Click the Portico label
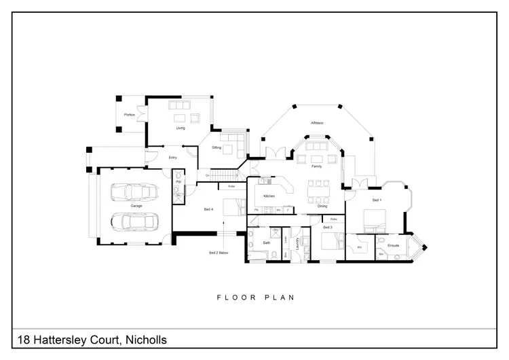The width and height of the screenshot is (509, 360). click(128, 115)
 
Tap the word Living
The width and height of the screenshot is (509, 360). click(181, 128)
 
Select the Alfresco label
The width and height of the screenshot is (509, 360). click(316, 123)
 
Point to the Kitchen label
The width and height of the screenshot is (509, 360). click(269, 196)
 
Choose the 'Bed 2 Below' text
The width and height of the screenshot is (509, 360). click(219, 252)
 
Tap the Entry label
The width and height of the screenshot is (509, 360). click(172, 158)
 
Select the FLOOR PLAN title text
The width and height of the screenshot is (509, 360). click(254, 297)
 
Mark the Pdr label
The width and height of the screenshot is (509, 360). click(178, 181)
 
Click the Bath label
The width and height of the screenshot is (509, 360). click(267, 242)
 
